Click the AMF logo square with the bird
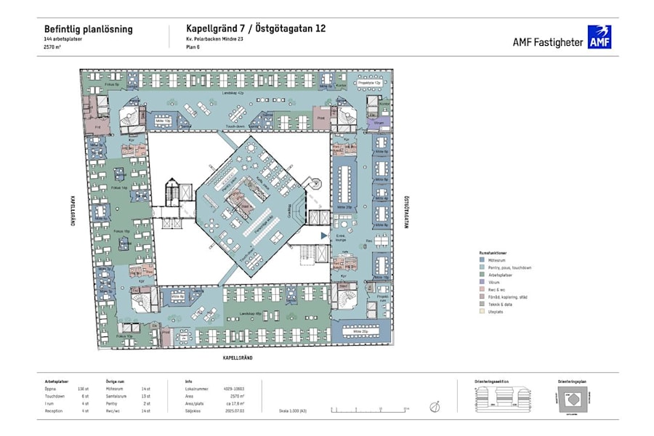pos(599,37)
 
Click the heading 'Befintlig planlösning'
pos(89,29)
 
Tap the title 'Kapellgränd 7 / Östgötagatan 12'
pos(250,29)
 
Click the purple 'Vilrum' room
pos(379,124)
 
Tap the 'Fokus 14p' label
pos(118,187)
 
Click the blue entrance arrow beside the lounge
pos(324,235)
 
